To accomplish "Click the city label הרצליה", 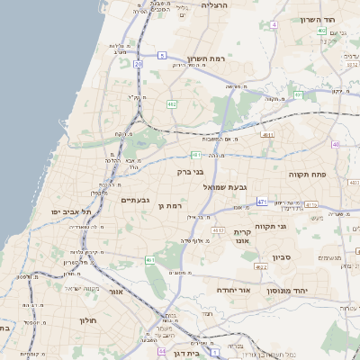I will tap(215, 5).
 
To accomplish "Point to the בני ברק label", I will tap(191, 169).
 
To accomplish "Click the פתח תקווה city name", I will tap(307, 173).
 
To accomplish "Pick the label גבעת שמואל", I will tap(226, 186).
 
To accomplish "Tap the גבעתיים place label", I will tap(135, 199).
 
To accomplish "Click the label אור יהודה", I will tap(236, 290).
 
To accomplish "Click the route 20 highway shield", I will tap(138, 64).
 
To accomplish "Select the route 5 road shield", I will tap(161, 56).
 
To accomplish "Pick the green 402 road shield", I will tap(321, 31).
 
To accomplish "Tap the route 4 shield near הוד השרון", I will tap(273, 24).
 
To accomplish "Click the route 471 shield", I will tap(262, 202).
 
